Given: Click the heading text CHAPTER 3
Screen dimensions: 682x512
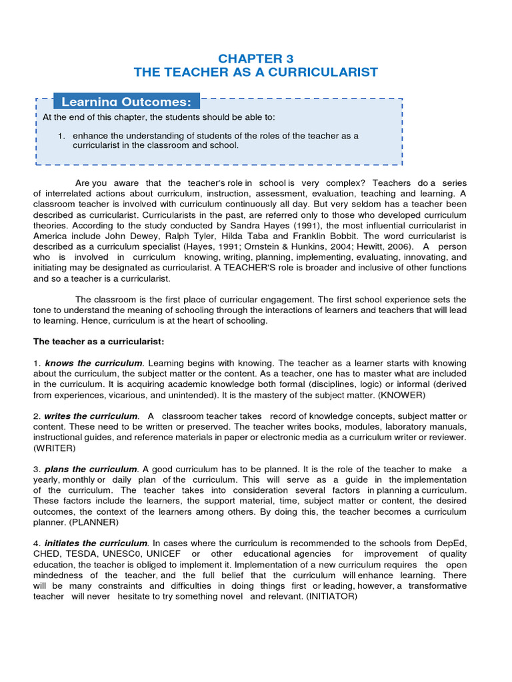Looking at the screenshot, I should coord(256,58).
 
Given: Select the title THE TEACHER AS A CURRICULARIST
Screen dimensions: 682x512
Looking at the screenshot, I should coord(256,72).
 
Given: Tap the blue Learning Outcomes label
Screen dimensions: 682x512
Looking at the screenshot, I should coord(126,101).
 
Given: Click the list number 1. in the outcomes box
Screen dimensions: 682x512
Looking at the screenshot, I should coord(61,136).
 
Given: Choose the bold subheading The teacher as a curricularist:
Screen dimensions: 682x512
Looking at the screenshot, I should coord(99,342).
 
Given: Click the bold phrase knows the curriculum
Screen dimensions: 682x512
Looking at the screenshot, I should coord(93,363).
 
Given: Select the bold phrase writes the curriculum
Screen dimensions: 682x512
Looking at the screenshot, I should coord(91,416).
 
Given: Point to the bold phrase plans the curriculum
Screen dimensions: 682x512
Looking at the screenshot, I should coord(91,470).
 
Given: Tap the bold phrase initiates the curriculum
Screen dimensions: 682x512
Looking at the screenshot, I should coord(95,543).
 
